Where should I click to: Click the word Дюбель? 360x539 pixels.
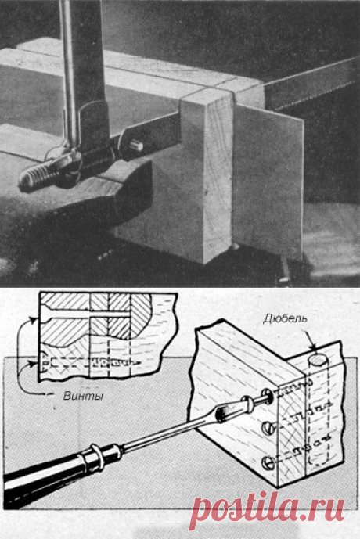285,318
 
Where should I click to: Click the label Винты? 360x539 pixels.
83,396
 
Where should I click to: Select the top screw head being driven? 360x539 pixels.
268,394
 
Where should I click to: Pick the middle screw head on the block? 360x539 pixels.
268,426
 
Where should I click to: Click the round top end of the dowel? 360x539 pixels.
319,360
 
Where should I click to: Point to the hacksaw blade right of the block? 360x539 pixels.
313,86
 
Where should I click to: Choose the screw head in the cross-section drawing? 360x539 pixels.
44,362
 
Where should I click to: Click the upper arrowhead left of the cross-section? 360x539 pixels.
33,321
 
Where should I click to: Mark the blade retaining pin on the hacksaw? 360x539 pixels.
136,146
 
